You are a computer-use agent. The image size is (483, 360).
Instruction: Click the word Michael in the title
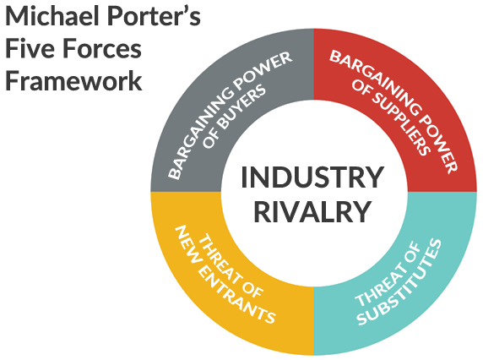click(x=53, y=16)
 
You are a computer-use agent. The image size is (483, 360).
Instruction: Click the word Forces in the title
click(x=102, y=48)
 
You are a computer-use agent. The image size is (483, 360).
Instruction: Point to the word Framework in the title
click(x=73, y=80)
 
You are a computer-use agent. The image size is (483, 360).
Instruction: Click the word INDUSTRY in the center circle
click(x=312, y=177)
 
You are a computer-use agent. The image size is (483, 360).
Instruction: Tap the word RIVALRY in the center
click(x=312, y=212)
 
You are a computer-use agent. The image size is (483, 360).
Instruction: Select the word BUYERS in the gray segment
click(x=242, y=107)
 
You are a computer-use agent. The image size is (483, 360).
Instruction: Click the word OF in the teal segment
click(x=412, y=252)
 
